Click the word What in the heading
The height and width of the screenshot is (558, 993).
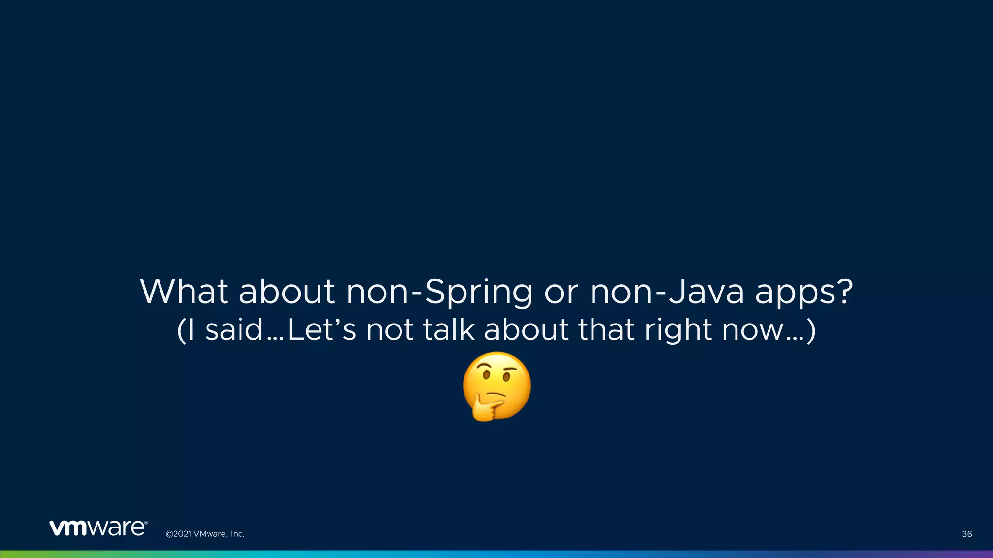(184, 292)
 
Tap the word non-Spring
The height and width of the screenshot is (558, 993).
(439, 293)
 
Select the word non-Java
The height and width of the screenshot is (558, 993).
(667, 292)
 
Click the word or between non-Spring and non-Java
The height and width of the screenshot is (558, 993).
(561, 293)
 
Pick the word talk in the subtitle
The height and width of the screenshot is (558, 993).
(448, 330)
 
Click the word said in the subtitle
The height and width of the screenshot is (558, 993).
(234, 330)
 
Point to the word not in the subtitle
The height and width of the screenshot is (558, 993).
(390, 330)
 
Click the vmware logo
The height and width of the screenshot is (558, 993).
(98, 527)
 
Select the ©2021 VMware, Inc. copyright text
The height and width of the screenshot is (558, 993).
(205, 534)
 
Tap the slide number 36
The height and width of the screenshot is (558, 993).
(967, 534)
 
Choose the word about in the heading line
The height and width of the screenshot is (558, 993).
(287, 292)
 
